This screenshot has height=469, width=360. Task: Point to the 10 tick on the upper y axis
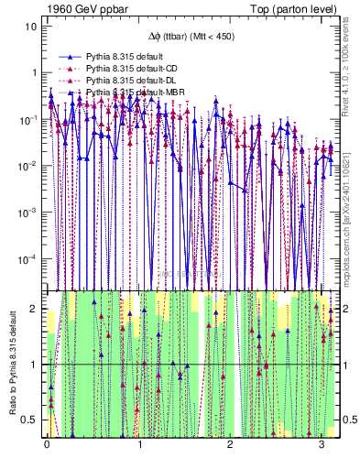click(x=30, y=27)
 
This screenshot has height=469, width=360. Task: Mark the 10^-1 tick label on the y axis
click(x=28, y=118)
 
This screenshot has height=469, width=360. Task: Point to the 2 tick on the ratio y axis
click(x=33, y=309)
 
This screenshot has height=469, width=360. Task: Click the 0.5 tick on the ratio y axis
click(x=29, y=420)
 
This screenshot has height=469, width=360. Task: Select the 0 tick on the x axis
click(x=47, y=446)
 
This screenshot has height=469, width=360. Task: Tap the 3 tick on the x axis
click(x=322, y=446)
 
